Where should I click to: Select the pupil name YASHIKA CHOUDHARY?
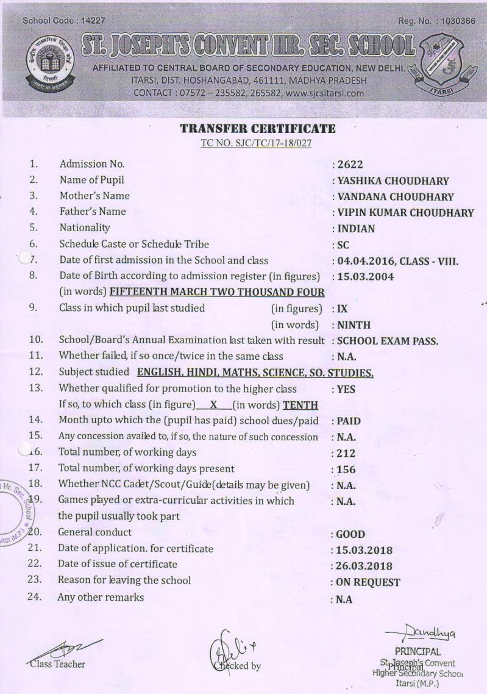pos(393,181)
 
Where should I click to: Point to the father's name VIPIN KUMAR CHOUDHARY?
pos(405,213)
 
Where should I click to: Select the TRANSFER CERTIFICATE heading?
pos(258,129)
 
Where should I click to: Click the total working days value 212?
pos(346,454)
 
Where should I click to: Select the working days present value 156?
pos(346,470)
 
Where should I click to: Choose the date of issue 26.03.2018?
pos(364,566)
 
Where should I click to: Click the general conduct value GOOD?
pos(351,534)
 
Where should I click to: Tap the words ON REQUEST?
pos(368,582)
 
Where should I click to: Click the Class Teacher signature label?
pos(59,664)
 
